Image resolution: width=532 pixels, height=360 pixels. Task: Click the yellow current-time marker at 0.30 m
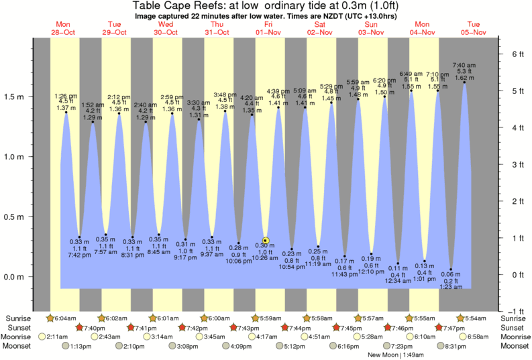[x=266, y=240]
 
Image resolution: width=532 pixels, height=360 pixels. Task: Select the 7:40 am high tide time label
[x=464, y=65]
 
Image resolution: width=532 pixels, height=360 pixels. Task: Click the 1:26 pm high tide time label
[x=66, y=96]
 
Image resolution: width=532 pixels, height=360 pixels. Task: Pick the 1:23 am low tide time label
[x=451, y=287]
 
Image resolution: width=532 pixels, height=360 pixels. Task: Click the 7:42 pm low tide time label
[x=79, y=255]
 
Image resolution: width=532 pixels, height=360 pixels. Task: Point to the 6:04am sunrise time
[x=65, y=317]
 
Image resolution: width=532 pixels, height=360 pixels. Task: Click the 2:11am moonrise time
[x=58, y=337]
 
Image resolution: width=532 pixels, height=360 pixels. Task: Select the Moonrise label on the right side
[x=515, y=337]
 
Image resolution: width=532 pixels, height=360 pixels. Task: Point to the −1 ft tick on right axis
[x=513, y=311]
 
